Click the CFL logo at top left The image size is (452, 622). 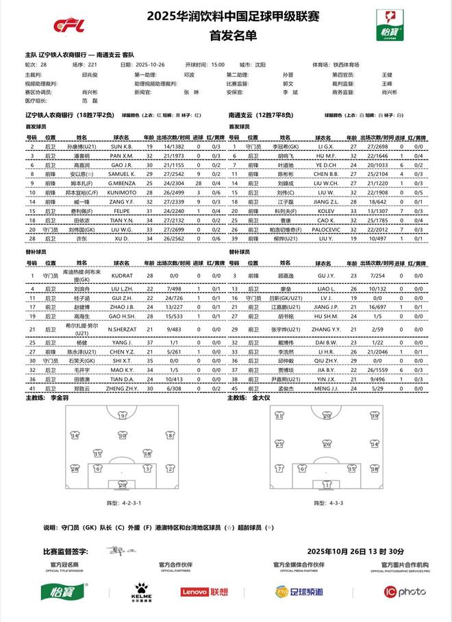(x=69, y=25)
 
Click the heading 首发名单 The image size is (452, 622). (x=225, y=35)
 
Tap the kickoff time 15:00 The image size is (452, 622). (x=218, y=64)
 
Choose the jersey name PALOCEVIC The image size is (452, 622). (x=324, y=230)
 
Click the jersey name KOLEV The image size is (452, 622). (x=324, y=212)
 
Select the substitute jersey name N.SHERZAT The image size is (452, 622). (x=121, y=329)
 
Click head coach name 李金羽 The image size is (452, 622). (x=60, y=397)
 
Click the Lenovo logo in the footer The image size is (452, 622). (x=204, y=591)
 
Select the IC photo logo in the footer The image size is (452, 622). (x=405, y=591)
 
